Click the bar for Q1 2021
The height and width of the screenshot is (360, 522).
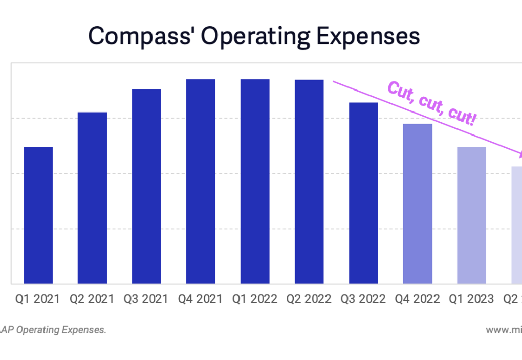[38, 215]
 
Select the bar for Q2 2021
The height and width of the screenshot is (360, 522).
[93, 197]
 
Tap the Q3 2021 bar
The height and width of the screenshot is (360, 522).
[146, 186]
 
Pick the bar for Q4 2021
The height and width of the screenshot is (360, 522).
[201, 181]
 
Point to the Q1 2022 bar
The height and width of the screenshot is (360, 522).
[255, 181]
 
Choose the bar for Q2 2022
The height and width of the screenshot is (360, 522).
[309, 181]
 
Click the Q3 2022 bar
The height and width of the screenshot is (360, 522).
[364, 193]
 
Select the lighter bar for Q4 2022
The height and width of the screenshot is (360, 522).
[418, 204]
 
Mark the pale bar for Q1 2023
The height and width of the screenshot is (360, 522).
[472, 215]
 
